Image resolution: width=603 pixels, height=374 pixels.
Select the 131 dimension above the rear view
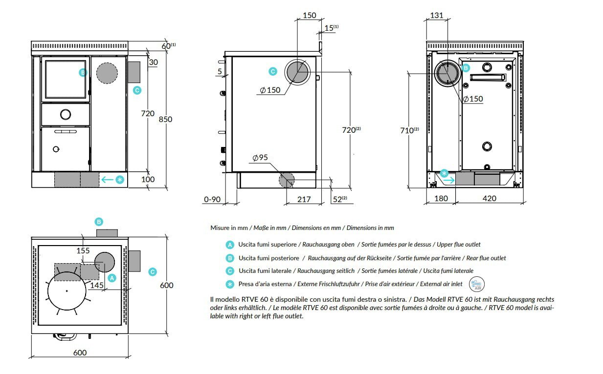[436, 16]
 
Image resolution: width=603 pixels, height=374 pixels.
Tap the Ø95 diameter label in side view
[260, 158]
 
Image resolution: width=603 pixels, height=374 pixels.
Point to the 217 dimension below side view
[304, 199]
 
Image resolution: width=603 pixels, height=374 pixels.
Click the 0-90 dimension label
[213, 199]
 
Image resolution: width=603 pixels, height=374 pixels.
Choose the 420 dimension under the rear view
[489, 198]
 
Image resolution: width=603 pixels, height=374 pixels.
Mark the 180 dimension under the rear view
[441, 198]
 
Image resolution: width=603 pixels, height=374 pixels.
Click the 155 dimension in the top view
[83, 250]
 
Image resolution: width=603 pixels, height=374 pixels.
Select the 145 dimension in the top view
[97, 285]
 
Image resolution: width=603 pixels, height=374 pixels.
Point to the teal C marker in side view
[273, 71]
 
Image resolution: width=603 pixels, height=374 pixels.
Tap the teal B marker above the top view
[99, 222]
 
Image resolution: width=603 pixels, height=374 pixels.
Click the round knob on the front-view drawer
[65, 115]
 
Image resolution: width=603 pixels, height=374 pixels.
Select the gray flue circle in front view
[107, 73]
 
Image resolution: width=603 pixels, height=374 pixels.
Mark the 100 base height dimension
[148, 179]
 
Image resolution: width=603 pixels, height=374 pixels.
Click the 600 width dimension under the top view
[80, 353]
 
